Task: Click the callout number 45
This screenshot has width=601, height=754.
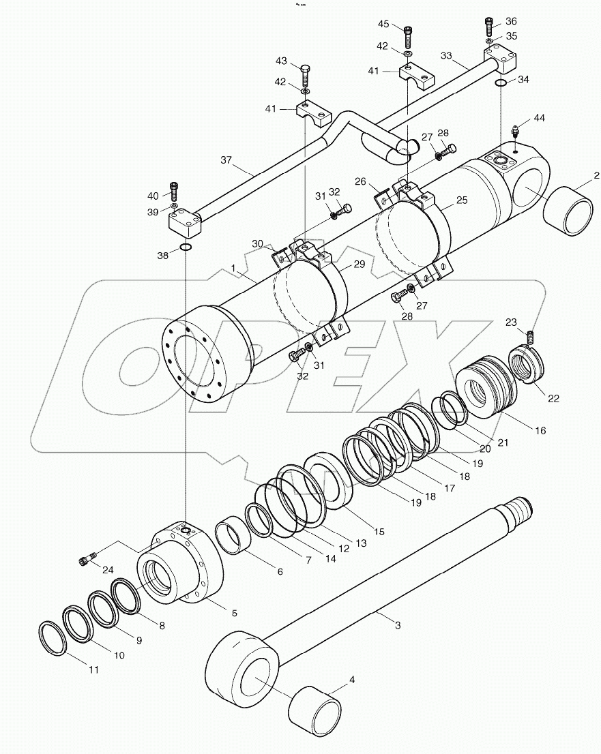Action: pos(383,25)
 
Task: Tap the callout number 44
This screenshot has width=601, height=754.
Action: pos(539,118)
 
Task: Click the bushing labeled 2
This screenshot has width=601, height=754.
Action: pos(569,213)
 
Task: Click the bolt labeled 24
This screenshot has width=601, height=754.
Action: pos(85,560)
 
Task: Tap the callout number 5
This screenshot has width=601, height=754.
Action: pos(234,613)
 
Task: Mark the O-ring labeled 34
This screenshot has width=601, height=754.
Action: pos(501,82)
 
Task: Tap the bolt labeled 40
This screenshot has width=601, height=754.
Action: pos(174,190)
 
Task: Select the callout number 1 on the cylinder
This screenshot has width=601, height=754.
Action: pos(233,269)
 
